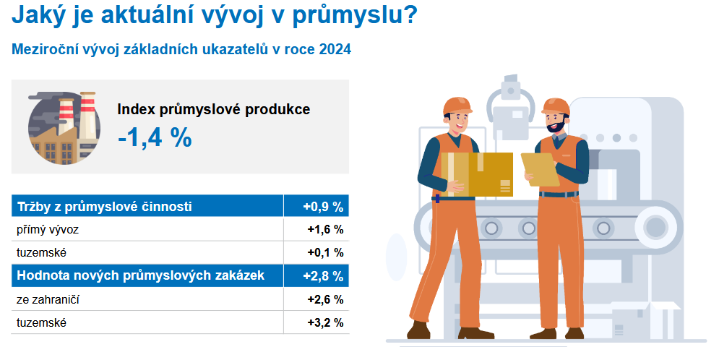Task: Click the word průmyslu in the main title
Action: tap(348, 14)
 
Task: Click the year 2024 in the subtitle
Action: tap(335, 49)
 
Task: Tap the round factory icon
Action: tap(64, 128)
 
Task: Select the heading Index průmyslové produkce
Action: tap(214, 110)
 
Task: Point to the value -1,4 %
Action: tap(155, 137)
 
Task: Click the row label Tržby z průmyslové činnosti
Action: tap(105, 206)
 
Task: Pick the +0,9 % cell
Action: tap(323, 207)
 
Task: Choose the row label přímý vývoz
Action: tap(48, 230)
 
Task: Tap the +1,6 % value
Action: tap(326, 229)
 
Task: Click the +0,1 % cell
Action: tap(326, 253)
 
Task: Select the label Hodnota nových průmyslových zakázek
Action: tap(141, 275)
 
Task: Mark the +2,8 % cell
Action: tap(323, 276)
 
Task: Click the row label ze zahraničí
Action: tap(48, 299)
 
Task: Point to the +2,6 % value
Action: tap(326, 299)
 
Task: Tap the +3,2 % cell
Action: tap(326, 323)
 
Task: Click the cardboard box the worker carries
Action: tap(477, 174)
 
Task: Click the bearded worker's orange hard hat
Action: tap(555, 107)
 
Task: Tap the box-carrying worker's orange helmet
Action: tap(457, 106)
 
